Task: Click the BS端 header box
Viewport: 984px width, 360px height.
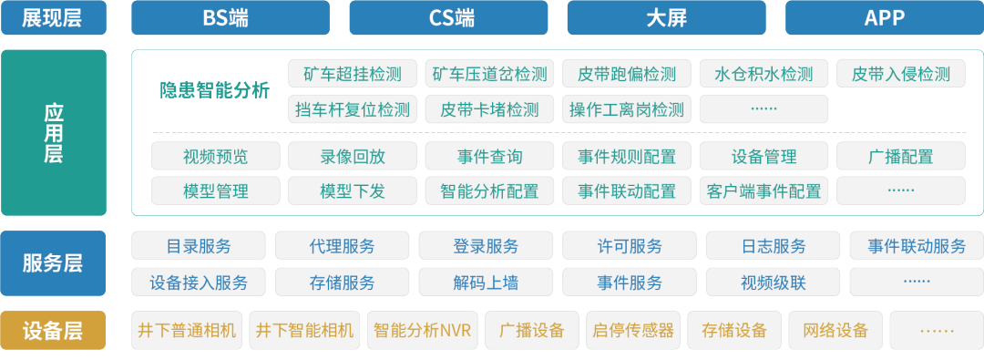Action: [x=231, y=17]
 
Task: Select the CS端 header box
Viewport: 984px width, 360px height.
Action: [x=448, y=17]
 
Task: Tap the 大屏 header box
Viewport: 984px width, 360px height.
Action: [x=666, y=17]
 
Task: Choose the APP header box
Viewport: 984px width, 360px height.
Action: [x=884, y=17]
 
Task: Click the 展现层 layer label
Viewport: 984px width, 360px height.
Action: [x=53, y=17]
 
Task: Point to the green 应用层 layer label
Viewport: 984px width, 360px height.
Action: [x=53, y=132]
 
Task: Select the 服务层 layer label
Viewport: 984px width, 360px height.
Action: [x=53, y=263]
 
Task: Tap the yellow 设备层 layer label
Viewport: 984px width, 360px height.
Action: [x=53, y=329]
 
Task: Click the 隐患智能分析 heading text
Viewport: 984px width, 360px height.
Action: [x=215, y=90]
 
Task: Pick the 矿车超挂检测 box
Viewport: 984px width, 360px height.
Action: [x=353, y=74]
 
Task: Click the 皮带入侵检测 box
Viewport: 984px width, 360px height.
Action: [x=900, y=74]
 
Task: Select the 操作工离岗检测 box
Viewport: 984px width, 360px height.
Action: [x=626, y=109]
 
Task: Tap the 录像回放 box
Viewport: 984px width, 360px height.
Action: [x=353, y=156]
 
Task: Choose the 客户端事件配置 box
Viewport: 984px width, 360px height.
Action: [x=764, y=190]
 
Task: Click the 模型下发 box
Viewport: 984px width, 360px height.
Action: [x=353, y=190]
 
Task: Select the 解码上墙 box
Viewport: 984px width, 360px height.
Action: [x=486, y=282]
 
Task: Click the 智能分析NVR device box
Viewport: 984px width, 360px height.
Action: [x=423, y=330]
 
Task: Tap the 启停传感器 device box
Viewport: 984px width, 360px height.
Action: [x=633, y=330]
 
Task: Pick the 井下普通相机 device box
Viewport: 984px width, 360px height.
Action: [x=187, y=330]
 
